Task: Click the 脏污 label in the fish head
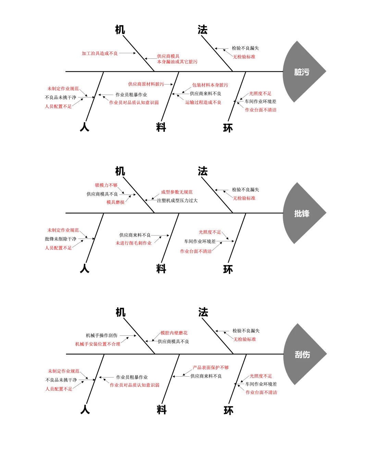pos(301,72)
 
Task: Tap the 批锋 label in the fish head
pos(301,213)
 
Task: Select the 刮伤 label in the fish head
pos(302,354)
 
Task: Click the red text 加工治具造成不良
pos(100,53)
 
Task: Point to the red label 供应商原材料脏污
pos(146,84)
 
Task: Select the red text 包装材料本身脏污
pos(210,85)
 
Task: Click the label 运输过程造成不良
pos(203,102)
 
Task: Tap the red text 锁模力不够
pos(106,185)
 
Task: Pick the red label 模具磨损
pos(115,202)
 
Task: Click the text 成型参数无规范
pos(177,192)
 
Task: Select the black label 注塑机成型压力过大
pos(177,200)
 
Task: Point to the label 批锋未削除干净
pos(61,239)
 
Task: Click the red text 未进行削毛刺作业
pos(134,243)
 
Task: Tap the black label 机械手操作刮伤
pos(101,335)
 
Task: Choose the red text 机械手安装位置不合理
pos(98,344)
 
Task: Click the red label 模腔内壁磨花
pos(174,333)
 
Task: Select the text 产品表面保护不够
pos(211,367)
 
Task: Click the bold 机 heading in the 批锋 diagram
pos(120,171)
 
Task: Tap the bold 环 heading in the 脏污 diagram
pos(228,128)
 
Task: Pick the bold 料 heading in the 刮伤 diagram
pos(161,410)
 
